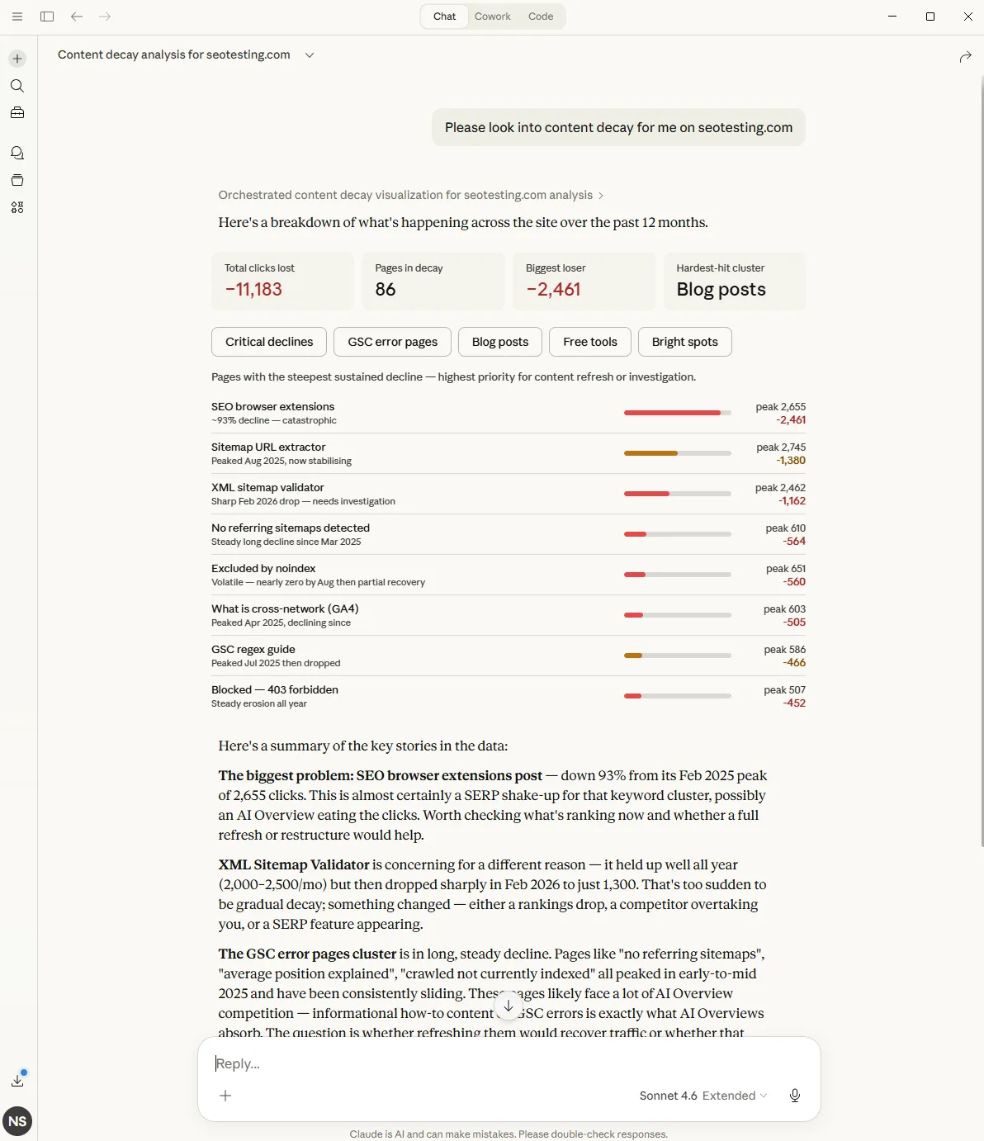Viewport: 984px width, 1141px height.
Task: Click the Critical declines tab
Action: (269, 342)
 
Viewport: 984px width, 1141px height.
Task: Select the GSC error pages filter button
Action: (392, 342)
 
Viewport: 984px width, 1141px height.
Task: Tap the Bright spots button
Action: (684, 342)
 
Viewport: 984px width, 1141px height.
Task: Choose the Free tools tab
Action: (589, 342)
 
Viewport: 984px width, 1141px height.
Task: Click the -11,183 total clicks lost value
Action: (253, 290)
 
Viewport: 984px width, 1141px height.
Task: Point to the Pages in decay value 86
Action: (386, 290)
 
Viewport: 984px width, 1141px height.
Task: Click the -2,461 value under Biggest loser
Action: (553, 290)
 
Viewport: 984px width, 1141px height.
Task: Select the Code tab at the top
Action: (541, 17)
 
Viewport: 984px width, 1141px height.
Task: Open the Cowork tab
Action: (493, 17)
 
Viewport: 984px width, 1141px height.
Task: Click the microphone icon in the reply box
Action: (794, 1096)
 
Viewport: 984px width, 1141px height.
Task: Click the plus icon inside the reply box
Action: (225, 1096)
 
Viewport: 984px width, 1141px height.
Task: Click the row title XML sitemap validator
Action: (267, 487)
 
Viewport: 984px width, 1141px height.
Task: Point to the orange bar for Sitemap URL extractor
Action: (650, 453)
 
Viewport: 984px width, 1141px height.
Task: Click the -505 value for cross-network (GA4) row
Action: (794, 623)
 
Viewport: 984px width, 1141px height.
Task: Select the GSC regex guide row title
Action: (253, 649)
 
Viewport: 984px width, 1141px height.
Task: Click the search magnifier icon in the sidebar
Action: (17, 86)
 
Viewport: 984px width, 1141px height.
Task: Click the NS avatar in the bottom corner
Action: (17, 1121)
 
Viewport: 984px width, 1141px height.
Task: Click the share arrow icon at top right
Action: (965, 57)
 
